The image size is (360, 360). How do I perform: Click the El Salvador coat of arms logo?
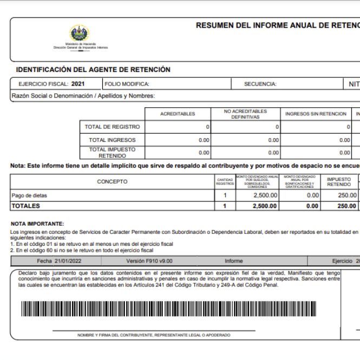(x=80, y=34)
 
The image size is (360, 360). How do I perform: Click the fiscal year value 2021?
(x=78, y=84)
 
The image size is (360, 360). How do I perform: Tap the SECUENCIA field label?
(x=260, y=84)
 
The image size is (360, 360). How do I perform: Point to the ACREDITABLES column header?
(x=178, y=114)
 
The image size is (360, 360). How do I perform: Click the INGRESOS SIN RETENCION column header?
(x=316, y=114)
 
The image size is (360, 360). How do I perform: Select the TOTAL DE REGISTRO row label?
(x=112, y=127)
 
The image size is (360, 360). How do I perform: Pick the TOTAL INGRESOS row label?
(x=112, y=140)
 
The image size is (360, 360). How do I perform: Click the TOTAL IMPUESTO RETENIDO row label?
(x=112, y=152)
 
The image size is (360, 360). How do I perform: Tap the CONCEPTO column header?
(x=113, y=182)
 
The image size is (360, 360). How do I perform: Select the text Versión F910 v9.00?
(x=149, y=261)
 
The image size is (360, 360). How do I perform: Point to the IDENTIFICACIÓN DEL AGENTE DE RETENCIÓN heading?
(x=93, y=70)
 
